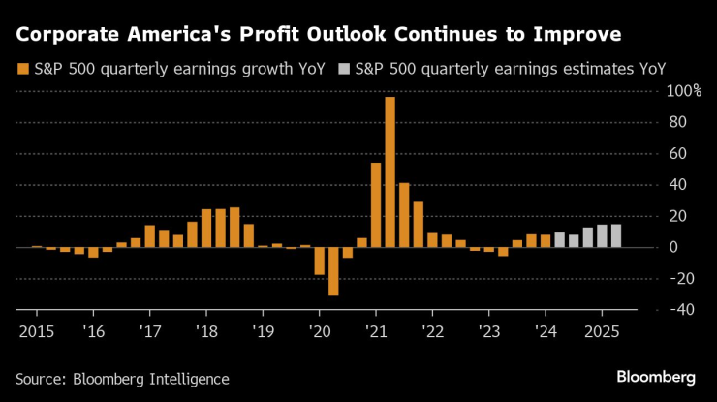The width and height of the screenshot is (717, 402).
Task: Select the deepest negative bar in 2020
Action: click(x=333, y=271)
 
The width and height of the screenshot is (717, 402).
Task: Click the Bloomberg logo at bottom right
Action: click(x=655, y=376)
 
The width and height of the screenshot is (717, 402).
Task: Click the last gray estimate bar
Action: click(x=616, y=235)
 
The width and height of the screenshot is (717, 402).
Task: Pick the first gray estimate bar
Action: click(x=560, y=239)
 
